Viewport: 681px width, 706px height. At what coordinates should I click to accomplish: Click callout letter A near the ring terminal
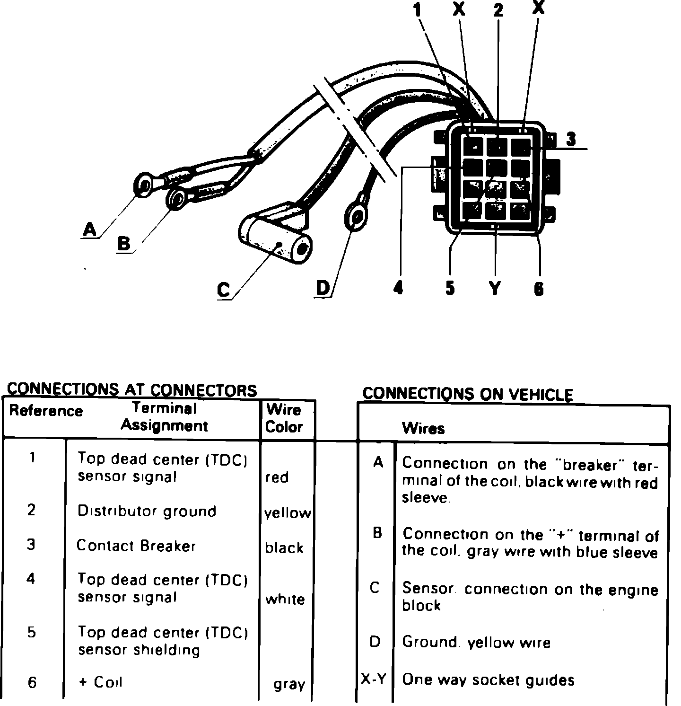[x=89, y=230]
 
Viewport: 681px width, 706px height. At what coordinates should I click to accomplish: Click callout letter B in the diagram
[x=124, y=244]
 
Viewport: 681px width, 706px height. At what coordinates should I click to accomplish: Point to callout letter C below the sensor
[x=224, y=290]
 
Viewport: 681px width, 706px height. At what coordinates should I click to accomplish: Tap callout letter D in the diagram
[x=323, y=288]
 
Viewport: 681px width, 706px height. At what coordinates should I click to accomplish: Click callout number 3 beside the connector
[x=571, y=139]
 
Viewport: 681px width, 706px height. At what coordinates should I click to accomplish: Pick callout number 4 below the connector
[x=398, y=287]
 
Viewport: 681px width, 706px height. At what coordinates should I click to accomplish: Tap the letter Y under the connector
[x=494, y=288]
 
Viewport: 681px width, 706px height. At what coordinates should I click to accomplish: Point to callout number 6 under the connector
[x=539, y=288]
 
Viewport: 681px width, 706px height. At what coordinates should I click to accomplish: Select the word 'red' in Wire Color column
[x=277, y=477]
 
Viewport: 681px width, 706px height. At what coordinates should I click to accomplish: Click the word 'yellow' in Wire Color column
[x=288, y=513]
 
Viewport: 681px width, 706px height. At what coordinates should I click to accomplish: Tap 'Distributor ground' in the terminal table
[x=147, y=512]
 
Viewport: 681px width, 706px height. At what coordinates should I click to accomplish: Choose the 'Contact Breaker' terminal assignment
[x=136, y=546]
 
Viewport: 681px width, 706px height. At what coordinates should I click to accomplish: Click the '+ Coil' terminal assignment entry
[x=100, y=682]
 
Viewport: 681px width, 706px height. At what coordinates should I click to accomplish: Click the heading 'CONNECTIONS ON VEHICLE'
[x=467, y=394]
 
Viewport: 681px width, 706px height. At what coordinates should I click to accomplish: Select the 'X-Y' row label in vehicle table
[x=374, y=680]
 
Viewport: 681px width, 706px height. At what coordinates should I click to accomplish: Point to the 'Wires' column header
[x=423, y=429]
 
